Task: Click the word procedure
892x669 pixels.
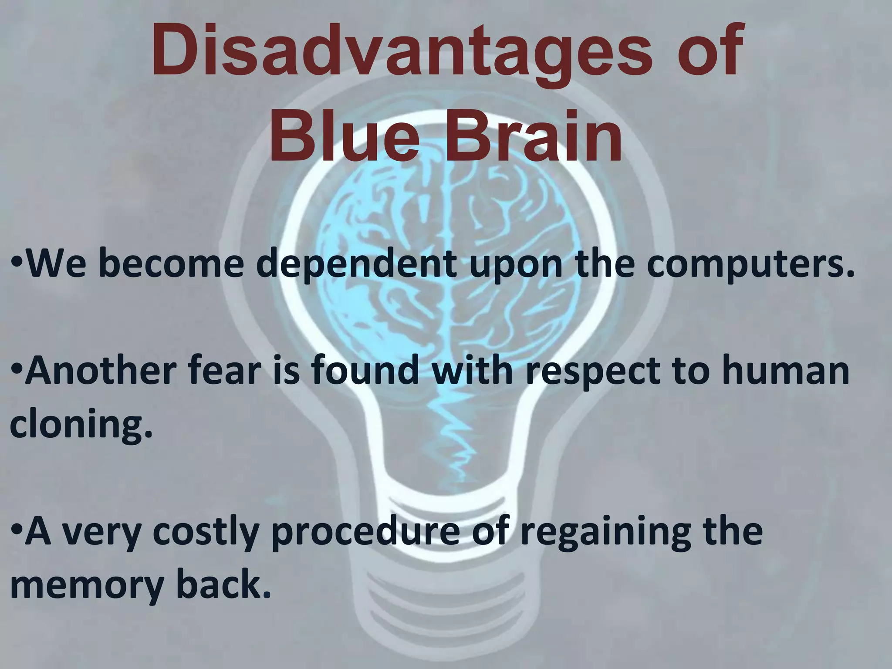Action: click(365, 534)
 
